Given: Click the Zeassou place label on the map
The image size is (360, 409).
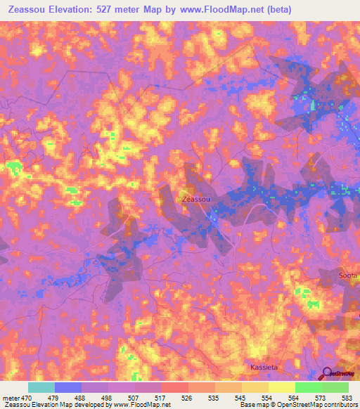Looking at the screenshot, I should pos(195,200).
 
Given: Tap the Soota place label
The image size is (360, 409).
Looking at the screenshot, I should pos(349,275).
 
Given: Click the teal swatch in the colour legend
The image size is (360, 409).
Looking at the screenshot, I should pos(41,387).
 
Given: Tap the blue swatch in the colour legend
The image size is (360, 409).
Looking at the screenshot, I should pos(68,387).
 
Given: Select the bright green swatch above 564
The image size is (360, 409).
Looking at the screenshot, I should pos(308,387).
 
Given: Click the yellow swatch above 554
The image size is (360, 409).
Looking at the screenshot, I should pos(281,387).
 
